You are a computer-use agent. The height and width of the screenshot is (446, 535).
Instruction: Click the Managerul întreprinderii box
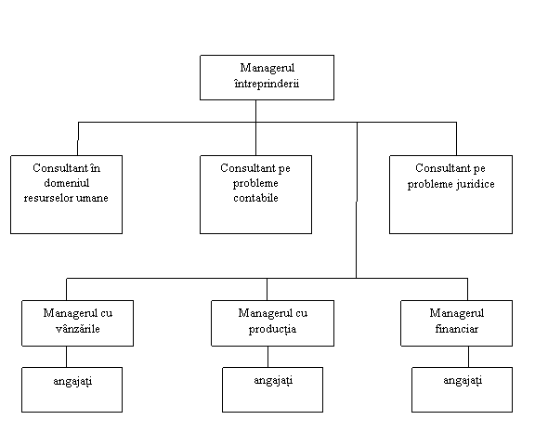pos(267,77)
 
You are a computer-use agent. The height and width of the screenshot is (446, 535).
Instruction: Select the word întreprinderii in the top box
pos(267,84)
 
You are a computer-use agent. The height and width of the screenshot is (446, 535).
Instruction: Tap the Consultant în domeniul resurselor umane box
pos(67,194)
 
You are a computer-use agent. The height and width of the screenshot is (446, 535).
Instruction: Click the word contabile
pos(255,198)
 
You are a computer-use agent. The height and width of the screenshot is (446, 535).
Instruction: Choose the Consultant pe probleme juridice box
pos(450,194)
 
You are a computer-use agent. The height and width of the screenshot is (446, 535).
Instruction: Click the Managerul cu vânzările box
pos(77,323)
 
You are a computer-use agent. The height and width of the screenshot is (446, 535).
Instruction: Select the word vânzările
pos(77,329)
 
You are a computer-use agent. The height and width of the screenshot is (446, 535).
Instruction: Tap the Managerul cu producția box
pos(273,323)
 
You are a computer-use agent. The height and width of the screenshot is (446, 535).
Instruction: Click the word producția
pos(272,329)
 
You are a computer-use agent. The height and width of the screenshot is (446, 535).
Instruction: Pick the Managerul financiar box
pos(457,323)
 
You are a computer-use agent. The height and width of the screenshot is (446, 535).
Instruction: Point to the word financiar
pos(457,329)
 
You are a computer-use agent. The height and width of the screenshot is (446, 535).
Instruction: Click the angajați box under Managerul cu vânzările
pos(72,389)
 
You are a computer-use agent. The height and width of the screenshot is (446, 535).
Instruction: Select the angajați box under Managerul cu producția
pos(273,389)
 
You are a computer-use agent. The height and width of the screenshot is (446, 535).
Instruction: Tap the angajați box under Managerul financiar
pos(462,389)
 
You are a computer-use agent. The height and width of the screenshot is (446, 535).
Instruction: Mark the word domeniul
pos(67,183)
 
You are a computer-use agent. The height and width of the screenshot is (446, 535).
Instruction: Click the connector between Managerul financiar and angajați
pos(468,357)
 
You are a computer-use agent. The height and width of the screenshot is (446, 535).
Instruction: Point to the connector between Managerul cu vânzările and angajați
pos(66,357)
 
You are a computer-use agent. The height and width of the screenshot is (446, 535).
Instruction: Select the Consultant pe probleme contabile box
pos(255,194)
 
